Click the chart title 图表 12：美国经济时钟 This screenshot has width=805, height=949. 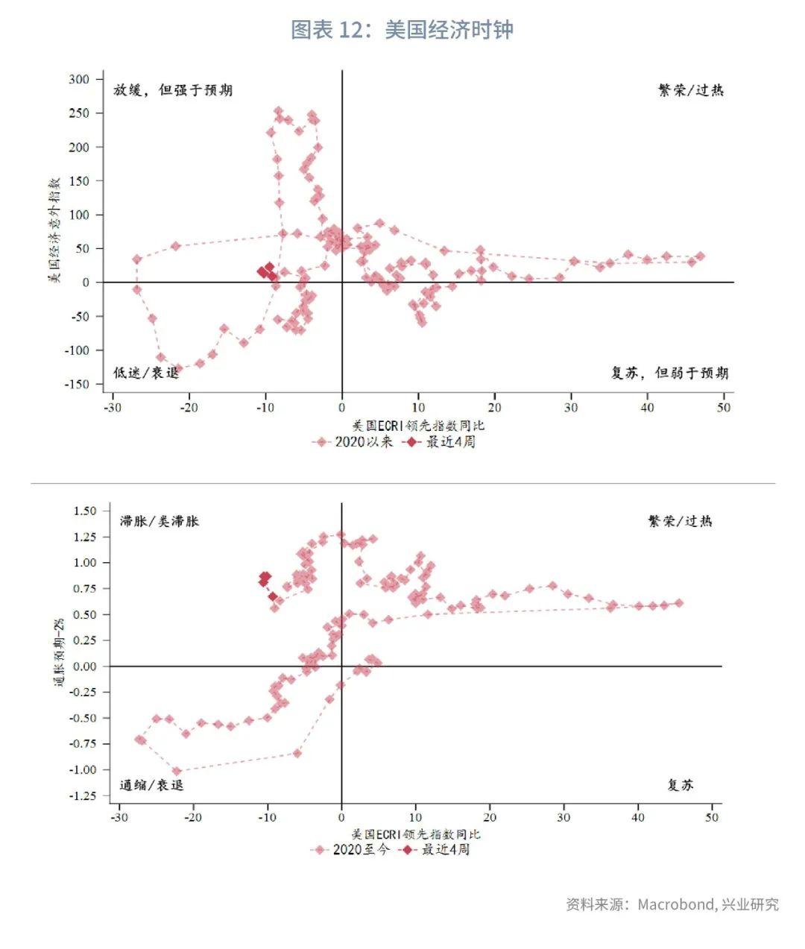click(x=402, y=30)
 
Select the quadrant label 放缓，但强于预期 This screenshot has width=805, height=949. click(x=172, y=90)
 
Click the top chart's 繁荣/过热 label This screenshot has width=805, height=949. click(x=690, y=90)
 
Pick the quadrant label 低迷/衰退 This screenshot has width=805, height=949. click(x=146, y=373)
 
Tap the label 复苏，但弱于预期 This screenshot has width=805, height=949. click(x=669, y=373)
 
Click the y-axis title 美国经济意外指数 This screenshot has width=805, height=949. click(x=54, y=231)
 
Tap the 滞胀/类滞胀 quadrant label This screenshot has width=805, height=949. click(x=160, y=521)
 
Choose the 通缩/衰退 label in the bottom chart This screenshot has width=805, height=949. click(x=151, y=784)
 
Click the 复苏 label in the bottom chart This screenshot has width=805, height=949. click(x=680, y=784)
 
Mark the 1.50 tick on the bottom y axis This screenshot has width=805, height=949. click(x=86, y=511)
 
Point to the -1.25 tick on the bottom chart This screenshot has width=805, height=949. click(x=83, y=796)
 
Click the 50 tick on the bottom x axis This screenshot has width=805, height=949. click(x=712, y=817)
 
